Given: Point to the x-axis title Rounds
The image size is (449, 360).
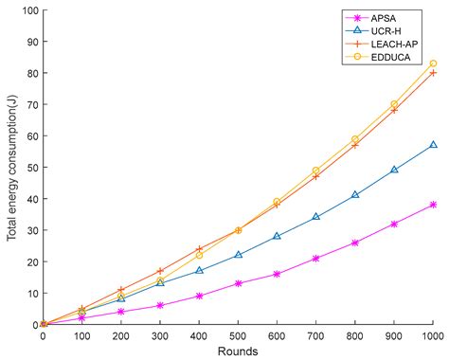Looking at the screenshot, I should click(x=238, y=350).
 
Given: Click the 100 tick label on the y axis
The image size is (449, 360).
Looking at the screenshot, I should click(x=30, y=11).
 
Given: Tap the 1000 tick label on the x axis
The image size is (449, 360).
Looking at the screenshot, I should click(x=433, y=334).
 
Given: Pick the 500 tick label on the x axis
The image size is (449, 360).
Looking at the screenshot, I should click(x=238, y=334).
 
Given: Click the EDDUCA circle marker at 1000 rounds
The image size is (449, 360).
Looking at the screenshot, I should click(x=433, y=64).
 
